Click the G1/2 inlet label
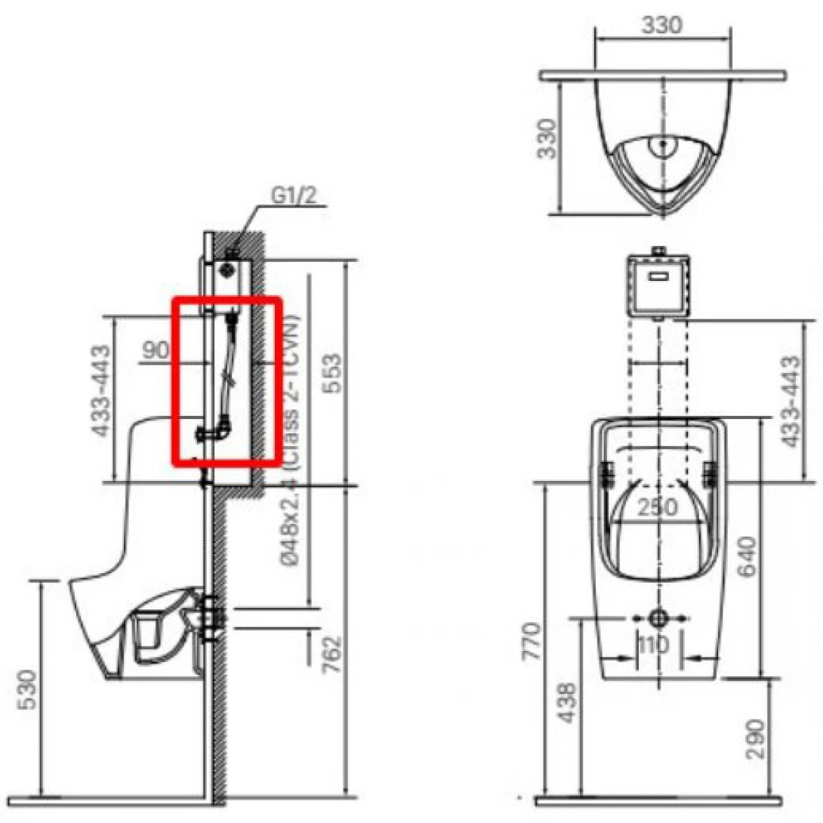pyautogui.click(x=294, y=196)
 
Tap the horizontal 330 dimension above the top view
pyautogui.click(x=661, y=24)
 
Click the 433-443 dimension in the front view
pyautogui.click(x=790, y=401)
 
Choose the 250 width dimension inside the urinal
pyautogui.click(x=657, y=508)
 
